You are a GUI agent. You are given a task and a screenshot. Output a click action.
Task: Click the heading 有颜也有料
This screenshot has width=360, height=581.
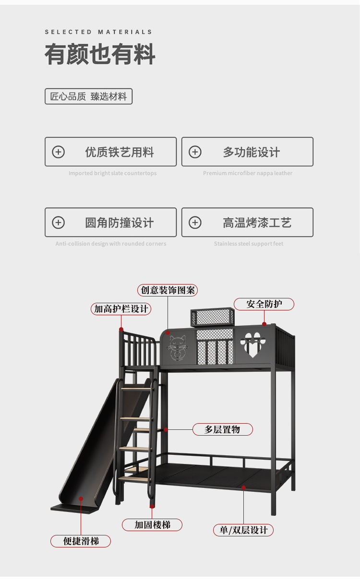click(x=100, y=54)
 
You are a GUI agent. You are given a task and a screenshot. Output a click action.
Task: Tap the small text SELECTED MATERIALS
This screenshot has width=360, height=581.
click(x=98, y=32)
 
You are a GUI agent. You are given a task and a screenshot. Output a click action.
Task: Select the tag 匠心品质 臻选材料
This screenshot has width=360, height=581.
click(x=88, y=96)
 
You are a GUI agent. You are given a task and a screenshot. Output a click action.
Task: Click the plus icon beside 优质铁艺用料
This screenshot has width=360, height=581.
click(x=58, y=152)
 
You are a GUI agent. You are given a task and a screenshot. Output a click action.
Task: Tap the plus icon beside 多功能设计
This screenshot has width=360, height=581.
click(x=195, y=152)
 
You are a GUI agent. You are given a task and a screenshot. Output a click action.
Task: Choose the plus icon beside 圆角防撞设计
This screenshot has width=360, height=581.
click(x=58, y=223)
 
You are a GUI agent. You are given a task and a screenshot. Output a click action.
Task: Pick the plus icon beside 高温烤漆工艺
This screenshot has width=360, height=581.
click(x=195, y=223)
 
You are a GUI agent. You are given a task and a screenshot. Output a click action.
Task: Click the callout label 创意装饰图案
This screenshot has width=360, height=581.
click(x=168, y=290)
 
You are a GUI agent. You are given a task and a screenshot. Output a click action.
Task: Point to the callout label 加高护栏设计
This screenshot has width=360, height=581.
click(x=121, y=309)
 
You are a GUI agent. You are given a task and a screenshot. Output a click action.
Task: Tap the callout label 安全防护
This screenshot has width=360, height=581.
click(x=264, y=304)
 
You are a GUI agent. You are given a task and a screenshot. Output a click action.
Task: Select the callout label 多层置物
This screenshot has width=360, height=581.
click(x=222, y=429)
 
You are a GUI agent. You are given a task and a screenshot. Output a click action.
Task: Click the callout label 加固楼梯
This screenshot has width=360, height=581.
click(x=152, y=525)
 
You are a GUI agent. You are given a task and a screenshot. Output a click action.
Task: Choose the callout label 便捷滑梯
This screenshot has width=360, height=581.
click(x=81, y=541)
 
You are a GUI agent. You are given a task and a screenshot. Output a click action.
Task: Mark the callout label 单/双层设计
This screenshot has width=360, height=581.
click(x=243, y=530)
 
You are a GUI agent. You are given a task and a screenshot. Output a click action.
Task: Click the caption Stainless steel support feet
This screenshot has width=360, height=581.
click(x=249, y=244)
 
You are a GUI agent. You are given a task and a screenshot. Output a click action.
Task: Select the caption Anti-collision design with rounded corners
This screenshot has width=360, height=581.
click(x=110, y=244)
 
